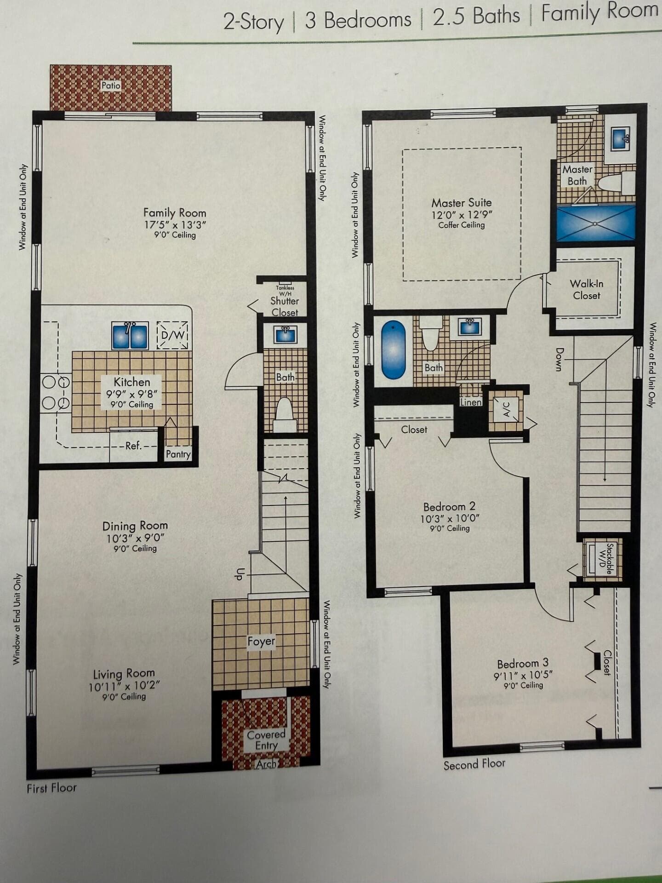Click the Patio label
pos(111,86)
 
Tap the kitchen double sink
pos(130,336)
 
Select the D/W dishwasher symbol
pos(172,335)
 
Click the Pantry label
pos(178,454)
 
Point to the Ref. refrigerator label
pos(134,446)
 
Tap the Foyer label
pos(261,642)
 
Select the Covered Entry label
pos(266,740)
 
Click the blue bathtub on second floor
pos(394,350)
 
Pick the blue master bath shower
pos(596,223)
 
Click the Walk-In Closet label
pos(587,290)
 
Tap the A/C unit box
pos(506,409)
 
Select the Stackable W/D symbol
pos(603,559)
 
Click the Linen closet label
pos(471,402)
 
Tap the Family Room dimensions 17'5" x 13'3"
pos(175,225)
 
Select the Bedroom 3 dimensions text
pos(523,675)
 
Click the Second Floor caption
pos(474,764)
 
